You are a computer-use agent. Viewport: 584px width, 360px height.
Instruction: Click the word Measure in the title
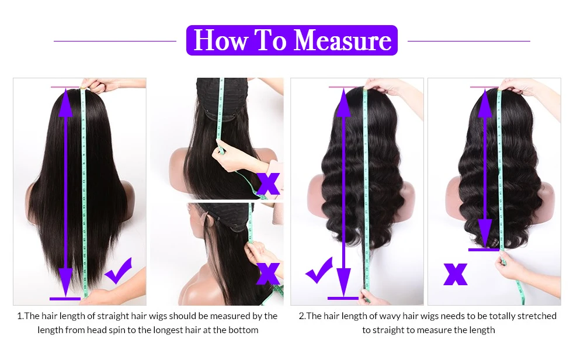tap(342, 40)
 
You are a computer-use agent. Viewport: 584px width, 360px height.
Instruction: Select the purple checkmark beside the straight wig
tap(118, 271)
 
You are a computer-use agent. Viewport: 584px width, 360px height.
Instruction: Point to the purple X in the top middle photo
tap(268, 183)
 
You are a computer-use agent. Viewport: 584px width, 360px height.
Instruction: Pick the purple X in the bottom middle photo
tap(268, 273)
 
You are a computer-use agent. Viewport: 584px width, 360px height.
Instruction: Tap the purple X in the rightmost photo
tap(456, 274)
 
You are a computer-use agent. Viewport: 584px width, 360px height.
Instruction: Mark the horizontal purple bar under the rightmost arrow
tap(485, 250)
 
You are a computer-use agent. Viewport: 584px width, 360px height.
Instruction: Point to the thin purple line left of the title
tap(115, 41)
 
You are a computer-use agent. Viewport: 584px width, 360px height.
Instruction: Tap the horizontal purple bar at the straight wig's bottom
tap(65, 299)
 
